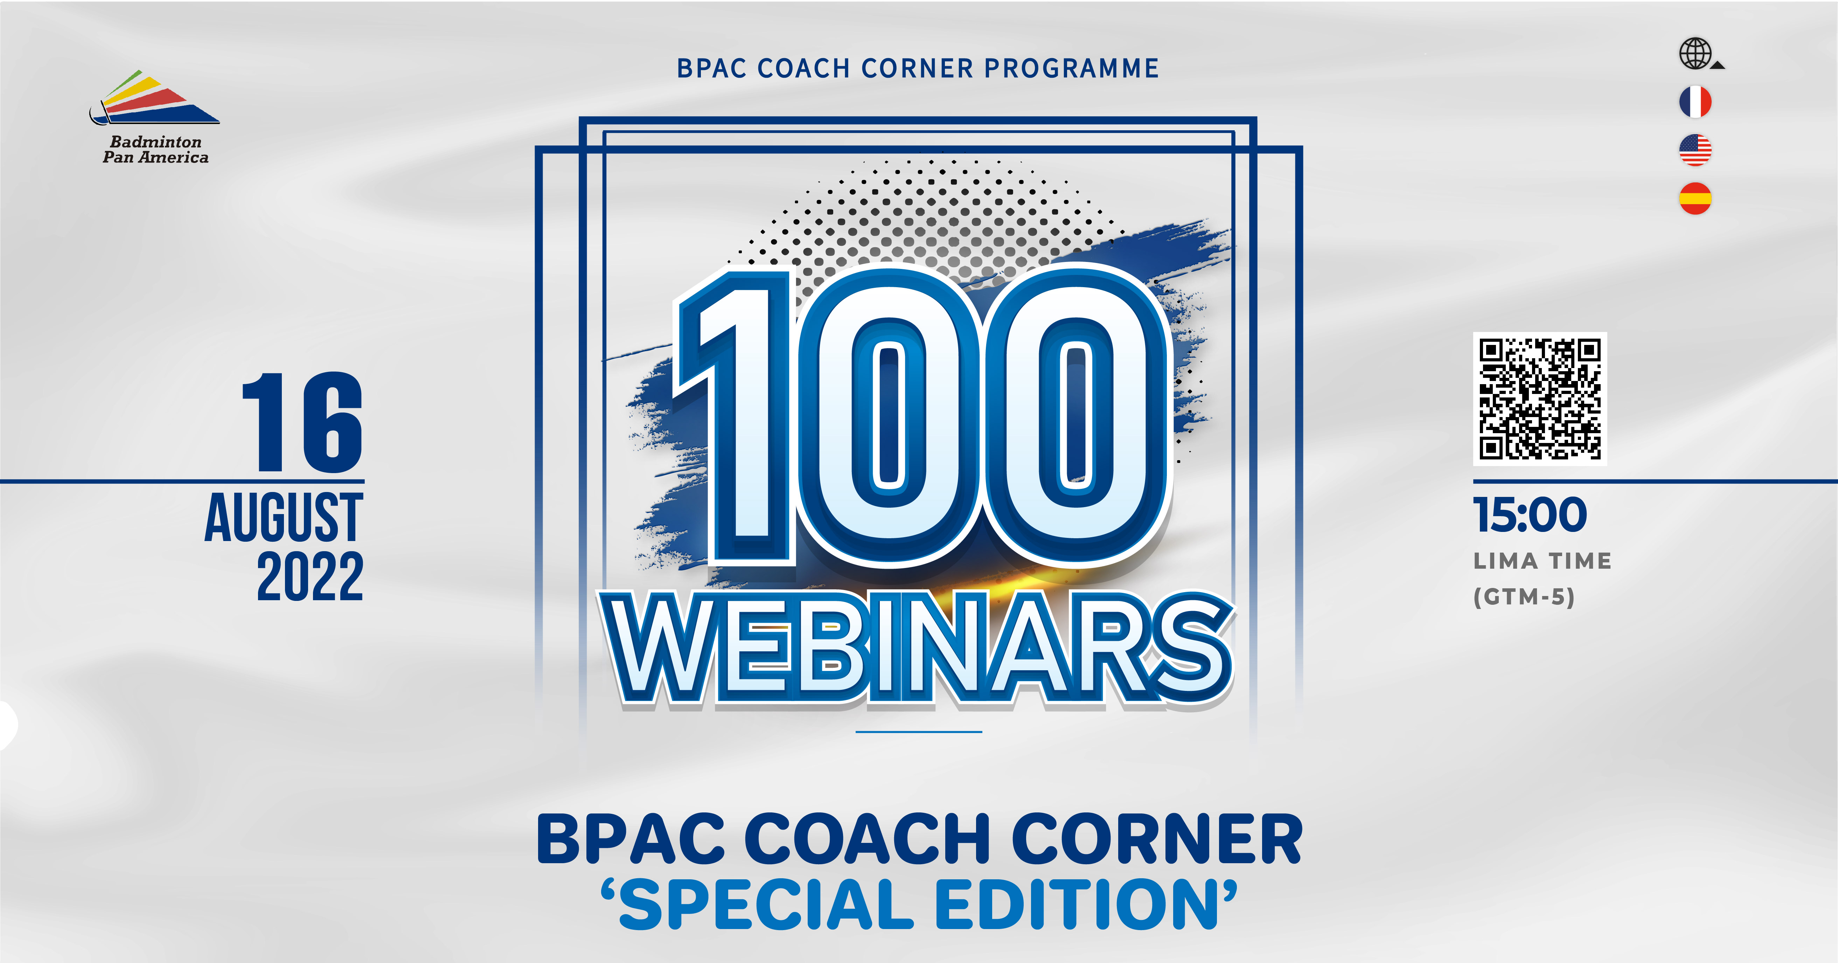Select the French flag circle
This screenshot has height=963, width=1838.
pos(1695,101)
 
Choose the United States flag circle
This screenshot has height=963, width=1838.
pos(1695,150)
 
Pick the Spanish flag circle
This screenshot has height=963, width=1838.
pos(1695,199)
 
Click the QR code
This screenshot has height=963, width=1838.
pos(1540,399)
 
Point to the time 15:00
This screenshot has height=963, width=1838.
pos(1530,515)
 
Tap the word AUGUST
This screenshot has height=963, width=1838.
pos(284,517)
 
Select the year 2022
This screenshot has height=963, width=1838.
pos(311,575)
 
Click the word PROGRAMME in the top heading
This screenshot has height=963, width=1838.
pos(1072,69)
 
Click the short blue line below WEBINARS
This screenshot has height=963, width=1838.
pos(919,732)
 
